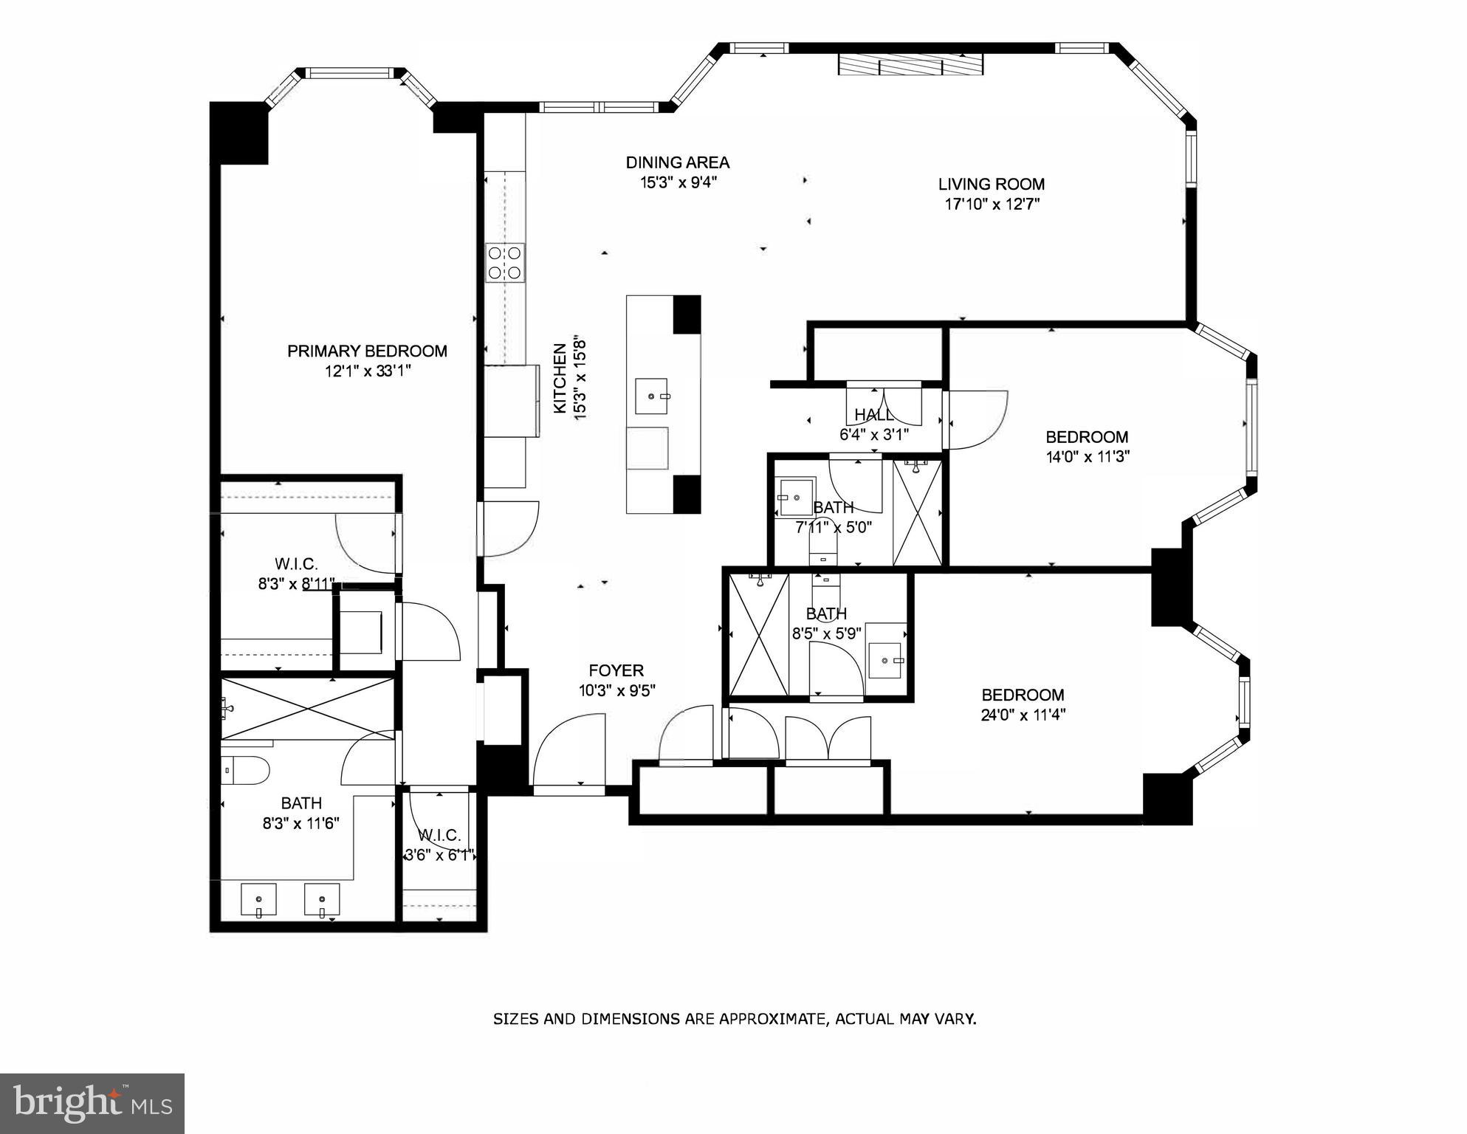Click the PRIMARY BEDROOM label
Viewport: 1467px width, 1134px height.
click(367, 351)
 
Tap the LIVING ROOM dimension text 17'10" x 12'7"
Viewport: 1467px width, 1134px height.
click(992, 205)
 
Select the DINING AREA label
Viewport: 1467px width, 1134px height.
click(677, 162)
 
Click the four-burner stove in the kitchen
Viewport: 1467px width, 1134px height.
click(506, 263)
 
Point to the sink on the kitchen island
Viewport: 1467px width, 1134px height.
click(651, 396)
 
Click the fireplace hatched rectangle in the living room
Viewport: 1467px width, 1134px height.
click(910, 65)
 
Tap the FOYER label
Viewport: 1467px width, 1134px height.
click(616, 670)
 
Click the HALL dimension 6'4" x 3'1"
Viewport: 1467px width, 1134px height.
click(873, 435)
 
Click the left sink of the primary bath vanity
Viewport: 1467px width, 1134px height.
click(259, 900)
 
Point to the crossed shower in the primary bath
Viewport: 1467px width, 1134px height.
click(308, 708)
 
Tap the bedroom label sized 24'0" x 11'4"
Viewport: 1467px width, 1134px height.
click(1023, 695)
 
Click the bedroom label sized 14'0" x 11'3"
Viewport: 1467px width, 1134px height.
click(1086, 437)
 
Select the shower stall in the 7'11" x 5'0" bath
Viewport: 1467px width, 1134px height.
click(918, 512)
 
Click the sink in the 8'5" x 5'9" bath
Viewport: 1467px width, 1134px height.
click(885, 660)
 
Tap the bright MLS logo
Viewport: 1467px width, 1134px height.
click(92, 1104)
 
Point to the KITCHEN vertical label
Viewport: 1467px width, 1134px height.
click(560, 379)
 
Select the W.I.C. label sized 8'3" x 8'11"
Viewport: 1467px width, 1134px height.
click(295, 565)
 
